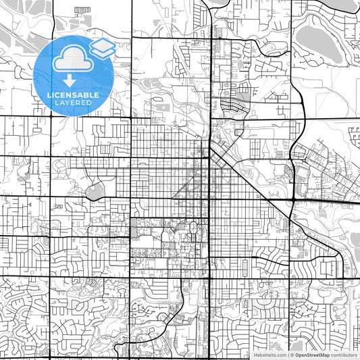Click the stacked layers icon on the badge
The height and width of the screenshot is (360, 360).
pyautogui.click(x=103, y=47)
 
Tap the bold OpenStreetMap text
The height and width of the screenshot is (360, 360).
pyautogui.click(x=315, y=355)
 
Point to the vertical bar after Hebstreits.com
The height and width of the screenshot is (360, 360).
pyautogui.click(x=287, y=355)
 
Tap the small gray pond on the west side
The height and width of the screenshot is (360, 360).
pyautogui.click(x=94, y=191)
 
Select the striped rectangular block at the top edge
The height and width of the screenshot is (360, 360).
pyautogui.click(x=82, y=9)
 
